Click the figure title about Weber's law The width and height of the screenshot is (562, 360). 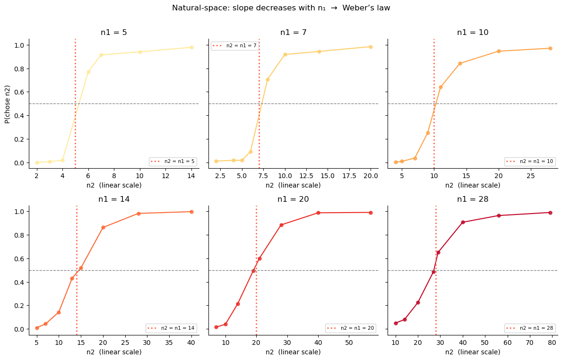(x=281, y=8)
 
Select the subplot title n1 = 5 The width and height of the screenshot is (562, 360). (x=113, y=33)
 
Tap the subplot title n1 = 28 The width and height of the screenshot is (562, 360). (x=472, y=199)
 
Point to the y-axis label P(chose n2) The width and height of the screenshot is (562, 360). (x=8, y=104)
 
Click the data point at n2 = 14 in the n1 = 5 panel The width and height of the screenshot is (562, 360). (x=191, y=47)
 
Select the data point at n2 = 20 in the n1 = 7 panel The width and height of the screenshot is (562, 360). (x=371, y=47)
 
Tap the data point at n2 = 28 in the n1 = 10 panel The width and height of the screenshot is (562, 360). (x=550, y=48)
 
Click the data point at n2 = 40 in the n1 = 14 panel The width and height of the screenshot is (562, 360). (x=191, y=212)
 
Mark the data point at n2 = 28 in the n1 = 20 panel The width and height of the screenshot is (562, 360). (x=281, y=225)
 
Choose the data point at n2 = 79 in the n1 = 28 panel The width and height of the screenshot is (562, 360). (x=550, y=213)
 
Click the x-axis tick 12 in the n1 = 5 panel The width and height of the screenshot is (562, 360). (x=165, y=176)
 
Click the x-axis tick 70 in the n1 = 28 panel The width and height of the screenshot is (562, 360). (x=530, y=342)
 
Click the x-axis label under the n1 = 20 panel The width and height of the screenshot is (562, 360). (x=293, y=352)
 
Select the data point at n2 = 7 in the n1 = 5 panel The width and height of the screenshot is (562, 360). (x=101, y=55)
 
